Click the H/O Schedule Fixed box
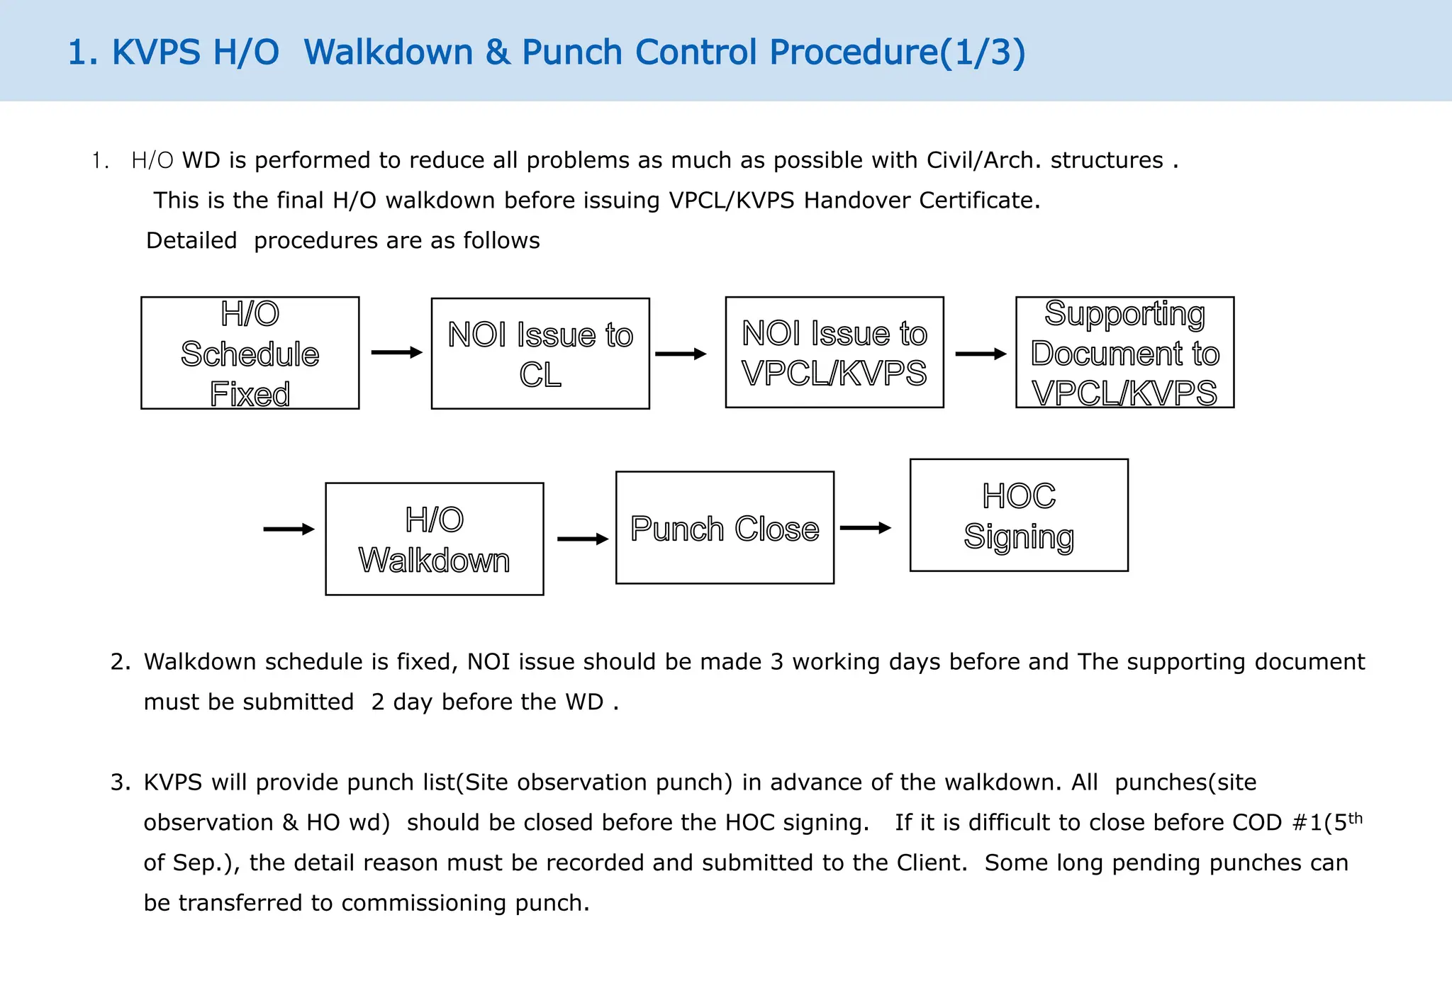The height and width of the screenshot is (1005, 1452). tap(250, 353)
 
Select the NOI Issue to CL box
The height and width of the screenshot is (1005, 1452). tap(540, 354)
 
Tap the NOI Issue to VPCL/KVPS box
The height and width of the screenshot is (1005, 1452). tap(834, 352)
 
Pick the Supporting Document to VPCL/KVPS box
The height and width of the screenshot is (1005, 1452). tap(1124, 352)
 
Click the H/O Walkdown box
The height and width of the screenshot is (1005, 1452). tap(434, 539)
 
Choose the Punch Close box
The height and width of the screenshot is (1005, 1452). tap(725, 528)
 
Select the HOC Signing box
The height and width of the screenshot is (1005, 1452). tap(1019, 515)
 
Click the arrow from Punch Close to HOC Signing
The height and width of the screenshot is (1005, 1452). tap(865, 527)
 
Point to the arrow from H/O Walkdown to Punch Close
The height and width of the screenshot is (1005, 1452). tap(583, 539)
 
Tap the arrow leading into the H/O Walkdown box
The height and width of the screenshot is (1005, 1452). tap(289, 529)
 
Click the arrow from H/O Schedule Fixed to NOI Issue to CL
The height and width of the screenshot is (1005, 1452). tap(396, 352)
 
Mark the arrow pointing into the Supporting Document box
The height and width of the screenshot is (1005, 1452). tap(981, 354)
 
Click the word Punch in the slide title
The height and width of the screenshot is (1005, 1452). tap(572, 52)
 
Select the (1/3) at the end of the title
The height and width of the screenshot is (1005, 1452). tap(983, 52)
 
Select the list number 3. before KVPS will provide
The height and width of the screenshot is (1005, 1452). tap(121, 782)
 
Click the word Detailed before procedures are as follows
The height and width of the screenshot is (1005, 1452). tap(191, 241)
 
